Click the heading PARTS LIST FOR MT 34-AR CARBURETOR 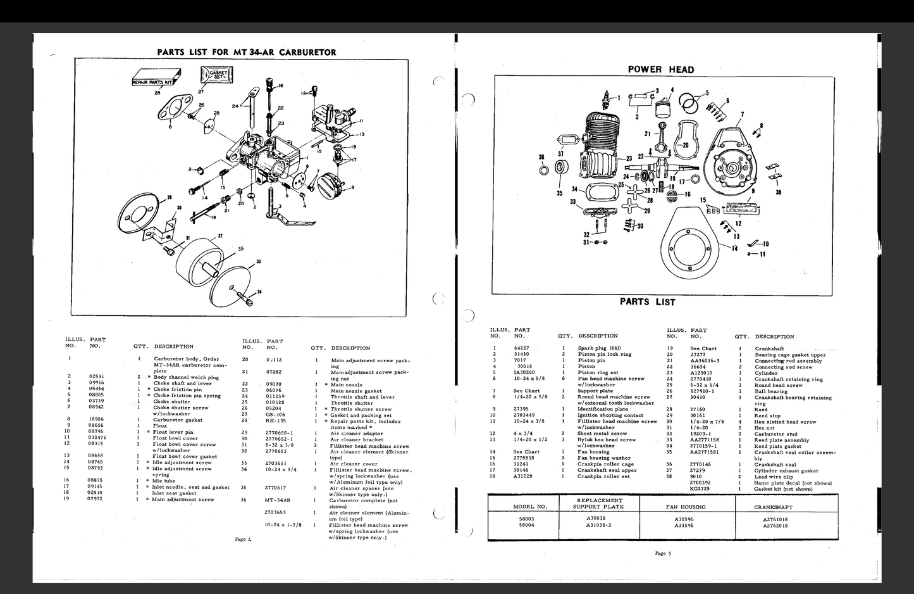(246, 52)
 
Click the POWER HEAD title (660, 70)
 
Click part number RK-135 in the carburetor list (275, 421)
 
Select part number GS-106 (275, 415)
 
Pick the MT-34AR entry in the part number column (277, 500)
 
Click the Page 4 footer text (243, 539)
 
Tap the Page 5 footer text (663, 553)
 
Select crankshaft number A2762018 (775, 525)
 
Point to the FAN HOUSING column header (686, 507)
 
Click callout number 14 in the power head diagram (734, 248)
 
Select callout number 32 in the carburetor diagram (219, 236)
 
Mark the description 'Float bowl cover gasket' (185, 456)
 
